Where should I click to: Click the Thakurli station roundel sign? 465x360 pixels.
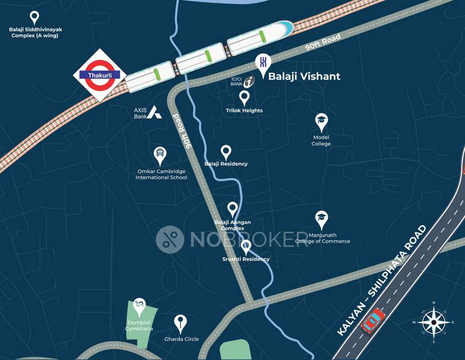[98, 75]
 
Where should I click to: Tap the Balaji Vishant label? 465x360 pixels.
[304, 76]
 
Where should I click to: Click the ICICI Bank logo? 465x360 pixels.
[249, 81]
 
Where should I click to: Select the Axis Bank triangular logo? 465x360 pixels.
[155, 112]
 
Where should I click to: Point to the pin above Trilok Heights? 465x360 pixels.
[244, 97]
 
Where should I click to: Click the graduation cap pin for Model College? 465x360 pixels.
[321, 120]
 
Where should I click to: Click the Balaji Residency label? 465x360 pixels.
[226, 164]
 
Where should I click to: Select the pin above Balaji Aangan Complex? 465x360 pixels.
[232, 209]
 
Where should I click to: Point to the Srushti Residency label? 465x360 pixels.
[246, 259]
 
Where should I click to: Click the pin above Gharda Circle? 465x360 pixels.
[180, 322]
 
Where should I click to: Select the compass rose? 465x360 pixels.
[434, 322]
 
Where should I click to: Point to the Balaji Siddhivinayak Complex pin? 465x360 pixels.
[34, 17]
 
